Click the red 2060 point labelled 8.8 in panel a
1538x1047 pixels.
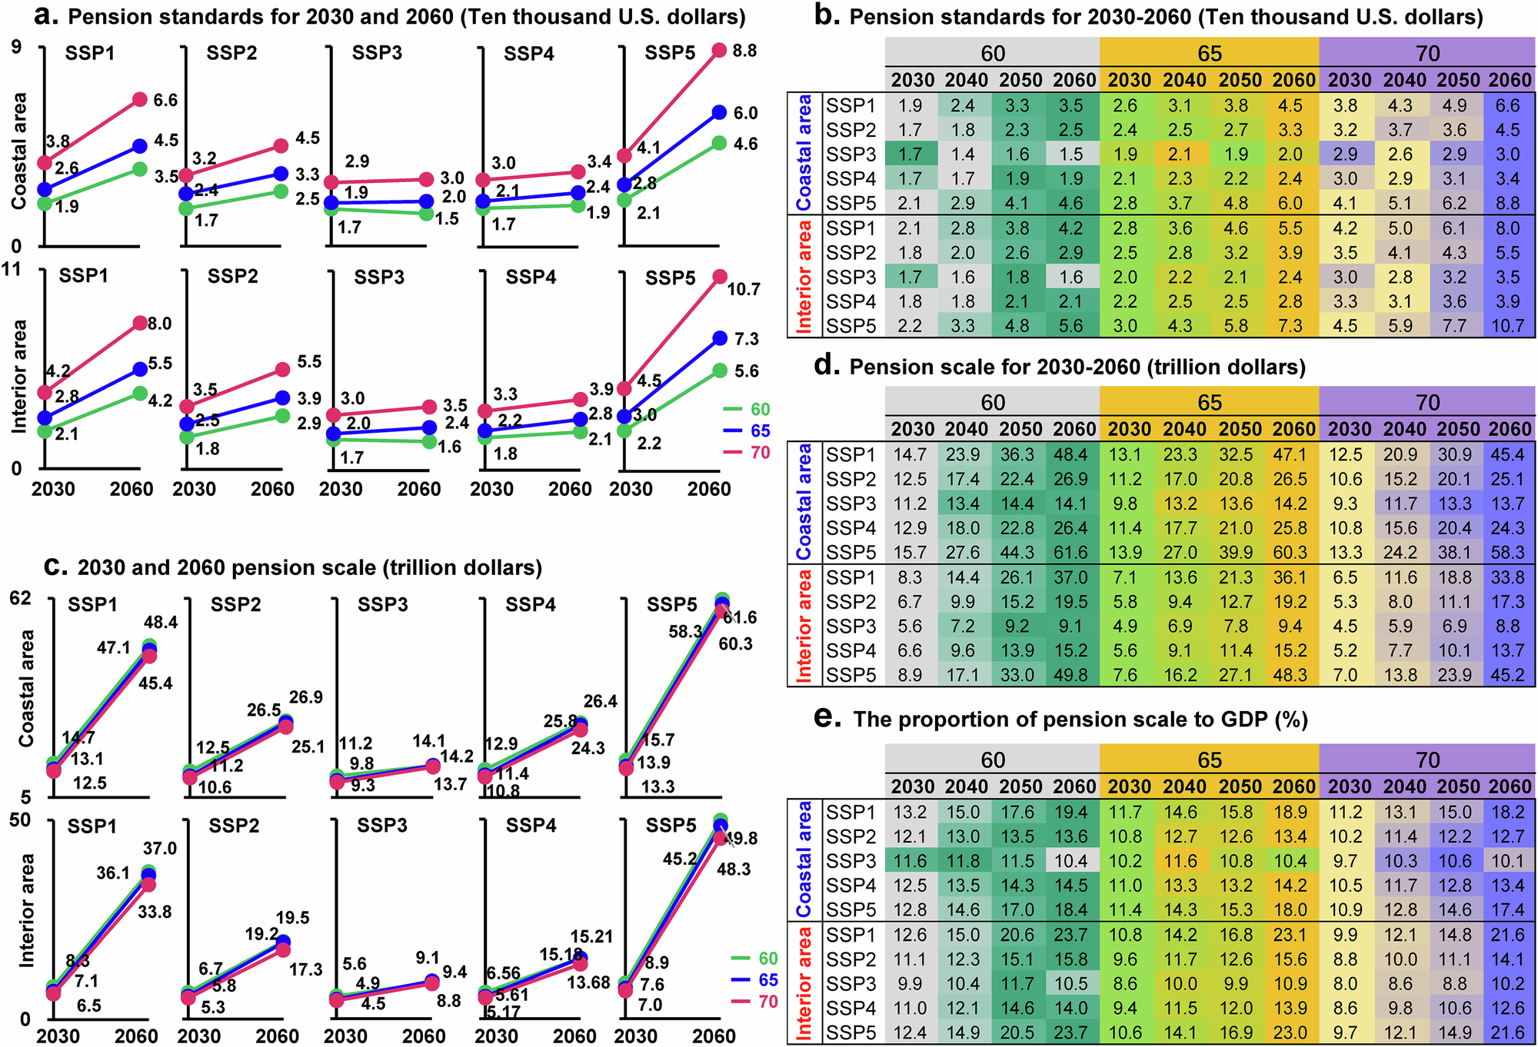719,51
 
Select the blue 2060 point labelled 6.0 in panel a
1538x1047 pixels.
719,112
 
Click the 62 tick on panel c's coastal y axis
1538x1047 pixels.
21,597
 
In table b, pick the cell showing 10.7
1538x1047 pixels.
1507,326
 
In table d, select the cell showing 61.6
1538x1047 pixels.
1070,553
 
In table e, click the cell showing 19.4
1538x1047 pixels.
1070,813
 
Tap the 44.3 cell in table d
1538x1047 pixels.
1017,553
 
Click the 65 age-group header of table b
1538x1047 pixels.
1209,53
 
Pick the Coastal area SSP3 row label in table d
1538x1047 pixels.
851,504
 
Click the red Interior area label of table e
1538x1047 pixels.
804,983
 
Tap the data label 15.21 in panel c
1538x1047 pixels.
592,936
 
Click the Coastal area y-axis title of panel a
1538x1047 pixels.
18,151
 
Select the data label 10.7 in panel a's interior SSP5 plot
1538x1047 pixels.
744,289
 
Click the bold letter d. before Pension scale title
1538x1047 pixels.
827,366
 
